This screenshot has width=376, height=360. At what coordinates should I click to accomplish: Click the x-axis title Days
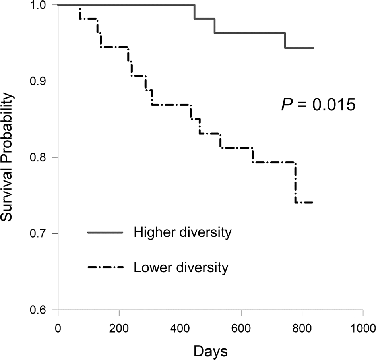tap(211, 351)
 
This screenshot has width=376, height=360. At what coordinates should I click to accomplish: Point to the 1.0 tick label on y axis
tap(44, 5)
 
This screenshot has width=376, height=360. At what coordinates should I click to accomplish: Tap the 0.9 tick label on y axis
tap(44, 81)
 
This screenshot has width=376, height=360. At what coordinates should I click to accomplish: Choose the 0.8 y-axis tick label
tap(44, 157)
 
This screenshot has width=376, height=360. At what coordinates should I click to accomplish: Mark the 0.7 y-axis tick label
tap(44, 233)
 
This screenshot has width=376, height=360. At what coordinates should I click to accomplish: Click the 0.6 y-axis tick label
tap(44, 310)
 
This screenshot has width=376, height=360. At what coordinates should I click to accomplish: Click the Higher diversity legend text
tap(182, 232)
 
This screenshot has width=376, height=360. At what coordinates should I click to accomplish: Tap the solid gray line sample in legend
tap(105, 233)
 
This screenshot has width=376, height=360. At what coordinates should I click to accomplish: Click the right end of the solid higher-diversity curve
tap(313, 48)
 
